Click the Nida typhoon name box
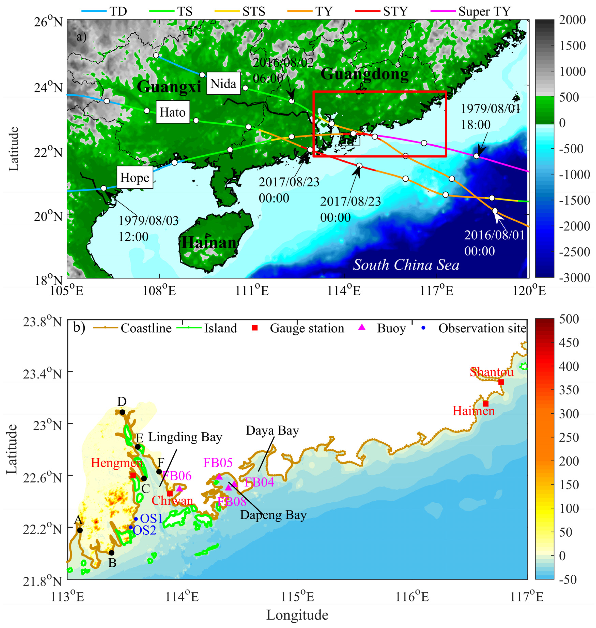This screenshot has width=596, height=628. (223, 83)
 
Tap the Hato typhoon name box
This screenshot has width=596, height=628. (173, 112)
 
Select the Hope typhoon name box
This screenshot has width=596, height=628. (135, 177)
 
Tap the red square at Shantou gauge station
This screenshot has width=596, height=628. (501, 382)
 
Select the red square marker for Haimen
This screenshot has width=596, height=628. (485, 404)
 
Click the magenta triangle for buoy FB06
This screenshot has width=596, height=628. (180, 489)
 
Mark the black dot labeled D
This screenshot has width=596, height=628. (122, 412)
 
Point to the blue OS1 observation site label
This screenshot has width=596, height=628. (152, 518)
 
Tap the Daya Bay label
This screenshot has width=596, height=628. (272, 431)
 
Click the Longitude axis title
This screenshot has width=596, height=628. (297, 615)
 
